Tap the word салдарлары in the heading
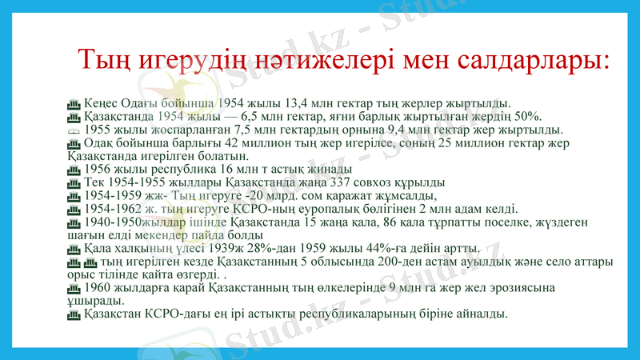coord(520,62)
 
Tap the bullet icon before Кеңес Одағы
coord(74,103)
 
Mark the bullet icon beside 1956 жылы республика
coord(74,170)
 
